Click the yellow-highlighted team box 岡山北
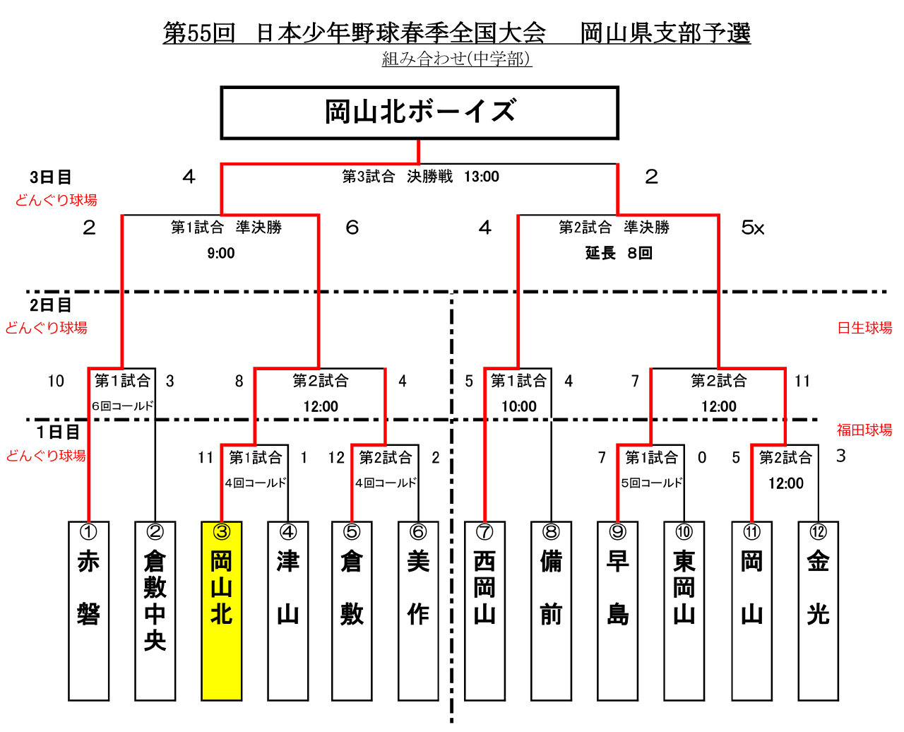221,610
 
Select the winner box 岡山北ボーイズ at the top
419,112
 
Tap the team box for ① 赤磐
88,610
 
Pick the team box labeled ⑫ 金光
818,610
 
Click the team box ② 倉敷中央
155,610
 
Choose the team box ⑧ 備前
551,610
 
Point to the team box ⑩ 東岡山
684,610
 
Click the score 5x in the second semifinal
752,228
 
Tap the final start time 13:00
481,176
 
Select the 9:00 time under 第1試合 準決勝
220,253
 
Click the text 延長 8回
619,253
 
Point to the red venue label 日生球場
864,327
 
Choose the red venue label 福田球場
864,430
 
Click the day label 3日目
50,177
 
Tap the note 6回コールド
122,406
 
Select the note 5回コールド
651,483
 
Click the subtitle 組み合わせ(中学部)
457,59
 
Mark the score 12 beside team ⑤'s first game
336,457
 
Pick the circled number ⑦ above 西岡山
484,531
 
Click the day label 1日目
58,432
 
